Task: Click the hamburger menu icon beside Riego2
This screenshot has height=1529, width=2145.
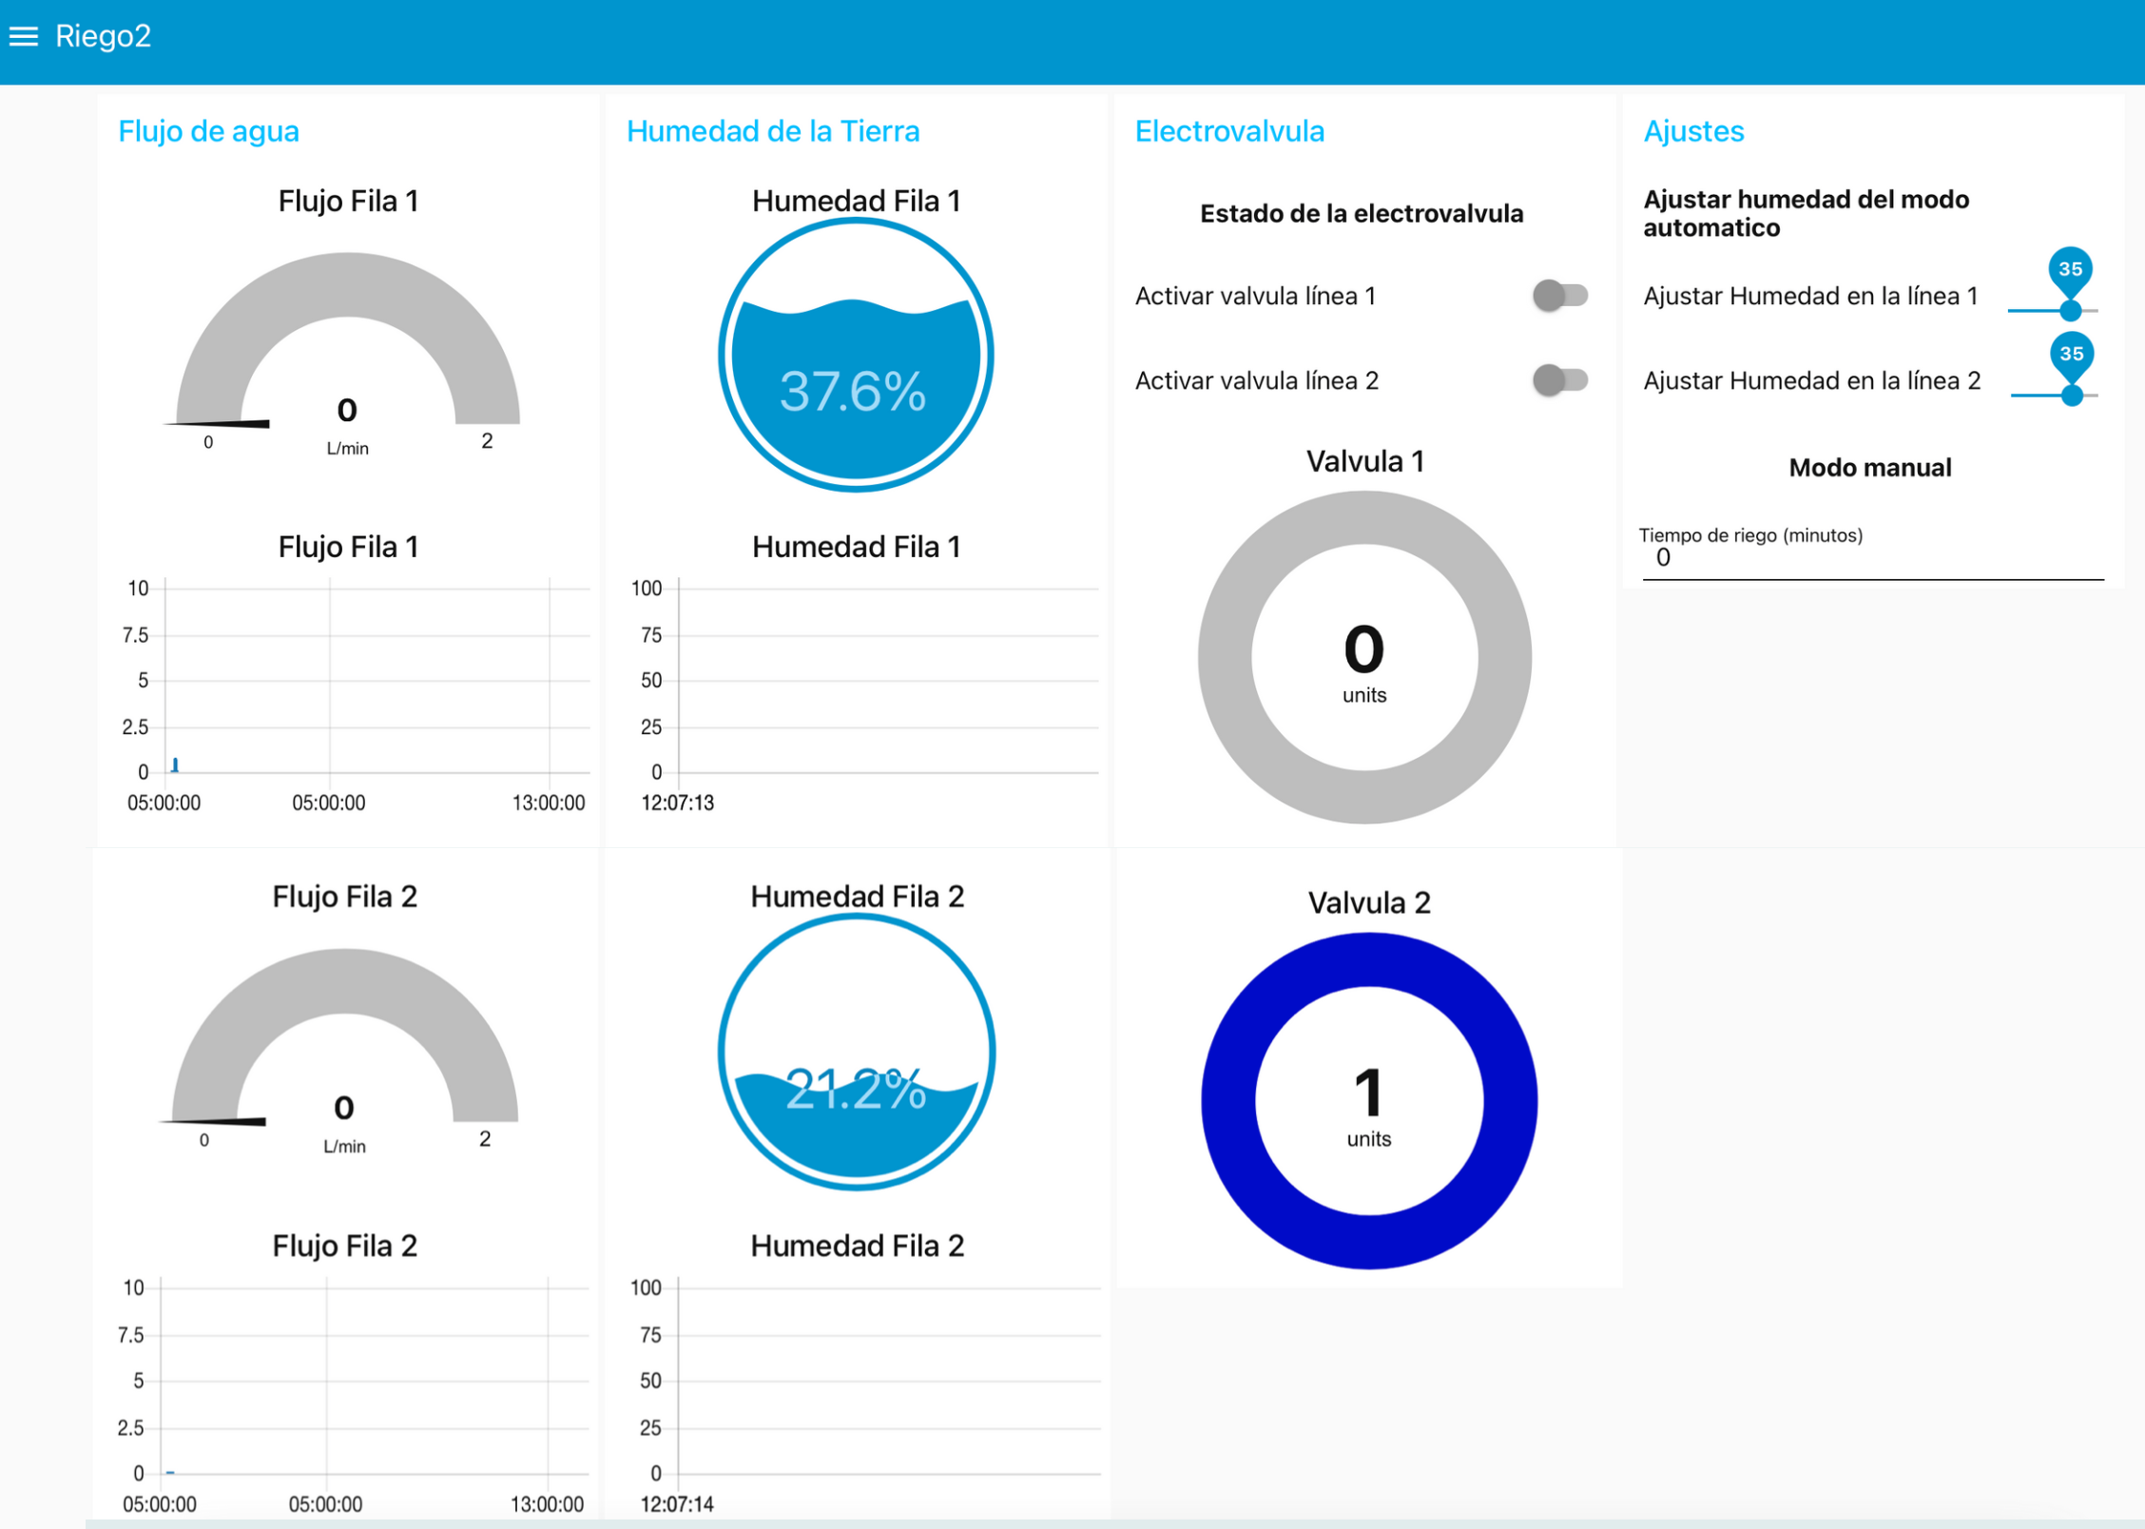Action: [24, 36]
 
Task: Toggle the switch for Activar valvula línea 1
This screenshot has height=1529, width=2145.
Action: [1559, 296]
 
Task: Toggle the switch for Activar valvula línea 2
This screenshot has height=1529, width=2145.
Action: [1559, 380]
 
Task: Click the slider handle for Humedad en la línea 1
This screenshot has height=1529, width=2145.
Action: [2070, 310]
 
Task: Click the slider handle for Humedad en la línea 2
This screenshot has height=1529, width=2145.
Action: [2072, 395]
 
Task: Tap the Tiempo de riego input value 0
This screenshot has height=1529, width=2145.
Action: [1663, 558]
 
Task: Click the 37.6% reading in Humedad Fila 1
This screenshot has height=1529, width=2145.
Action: [853, 391]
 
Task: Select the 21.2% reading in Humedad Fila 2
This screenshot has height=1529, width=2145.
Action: [856, 1089]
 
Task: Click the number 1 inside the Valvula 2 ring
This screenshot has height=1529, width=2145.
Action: [1368, 1093]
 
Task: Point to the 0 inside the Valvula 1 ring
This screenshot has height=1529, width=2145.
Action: [1363, 649]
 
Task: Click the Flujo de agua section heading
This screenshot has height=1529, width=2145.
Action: [208, 131]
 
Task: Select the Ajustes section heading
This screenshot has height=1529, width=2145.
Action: [1693, 131]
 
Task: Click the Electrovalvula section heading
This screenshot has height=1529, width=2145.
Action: [1228, 131]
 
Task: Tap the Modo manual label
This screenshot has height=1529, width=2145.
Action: [1869, 468]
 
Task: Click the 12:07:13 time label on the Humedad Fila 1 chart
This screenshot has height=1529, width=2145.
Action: [677, 803]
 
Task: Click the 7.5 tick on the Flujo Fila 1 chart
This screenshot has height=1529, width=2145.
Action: [135, 634]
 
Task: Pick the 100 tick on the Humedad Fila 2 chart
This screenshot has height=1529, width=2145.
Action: [646, 1287]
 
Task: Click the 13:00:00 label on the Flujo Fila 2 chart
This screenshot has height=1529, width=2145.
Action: [547, 1504]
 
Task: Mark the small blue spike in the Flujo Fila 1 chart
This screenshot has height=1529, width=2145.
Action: [175, 764]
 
